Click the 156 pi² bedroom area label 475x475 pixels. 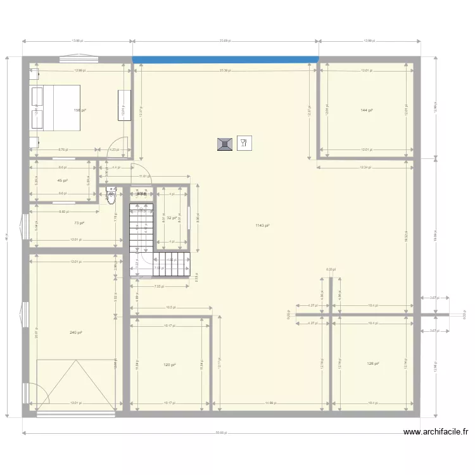pyautogui.click(x=79, y=110)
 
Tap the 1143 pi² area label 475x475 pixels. pyautogui.click(x=263, y=225)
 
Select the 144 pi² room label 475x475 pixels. pyautogui.click(x=366, y=110)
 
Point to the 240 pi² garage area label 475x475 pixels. pyautogui.click(x=76, y=332)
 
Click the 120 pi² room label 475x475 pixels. pyautogui.click(x=169, y=365)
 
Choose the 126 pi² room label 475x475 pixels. pyautogui.click(x=372, y=364)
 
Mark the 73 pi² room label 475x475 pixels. pyautogui.click(x=79, y=223)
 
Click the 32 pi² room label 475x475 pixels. pyautogui.click(x=172, y=218)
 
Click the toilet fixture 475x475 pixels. pyautogui.click(x=111, y=197)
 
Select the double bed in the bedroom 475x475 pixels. pyautogui.click(x=56, y=108)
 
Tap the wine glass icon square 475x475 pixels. pyautogui.click(x=244, y=144)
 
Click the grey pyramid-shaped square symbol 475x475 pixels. pyautogui.click(x=224, y=144)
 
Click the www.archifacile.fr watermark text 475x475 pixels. pyautogui.click(x=436, y=433)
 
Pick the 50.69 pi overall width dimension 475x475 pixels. pyautogui.click(x=220, y=434)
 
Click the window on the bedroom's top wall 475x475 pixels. pyautogui.click(x=79, y=60)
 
